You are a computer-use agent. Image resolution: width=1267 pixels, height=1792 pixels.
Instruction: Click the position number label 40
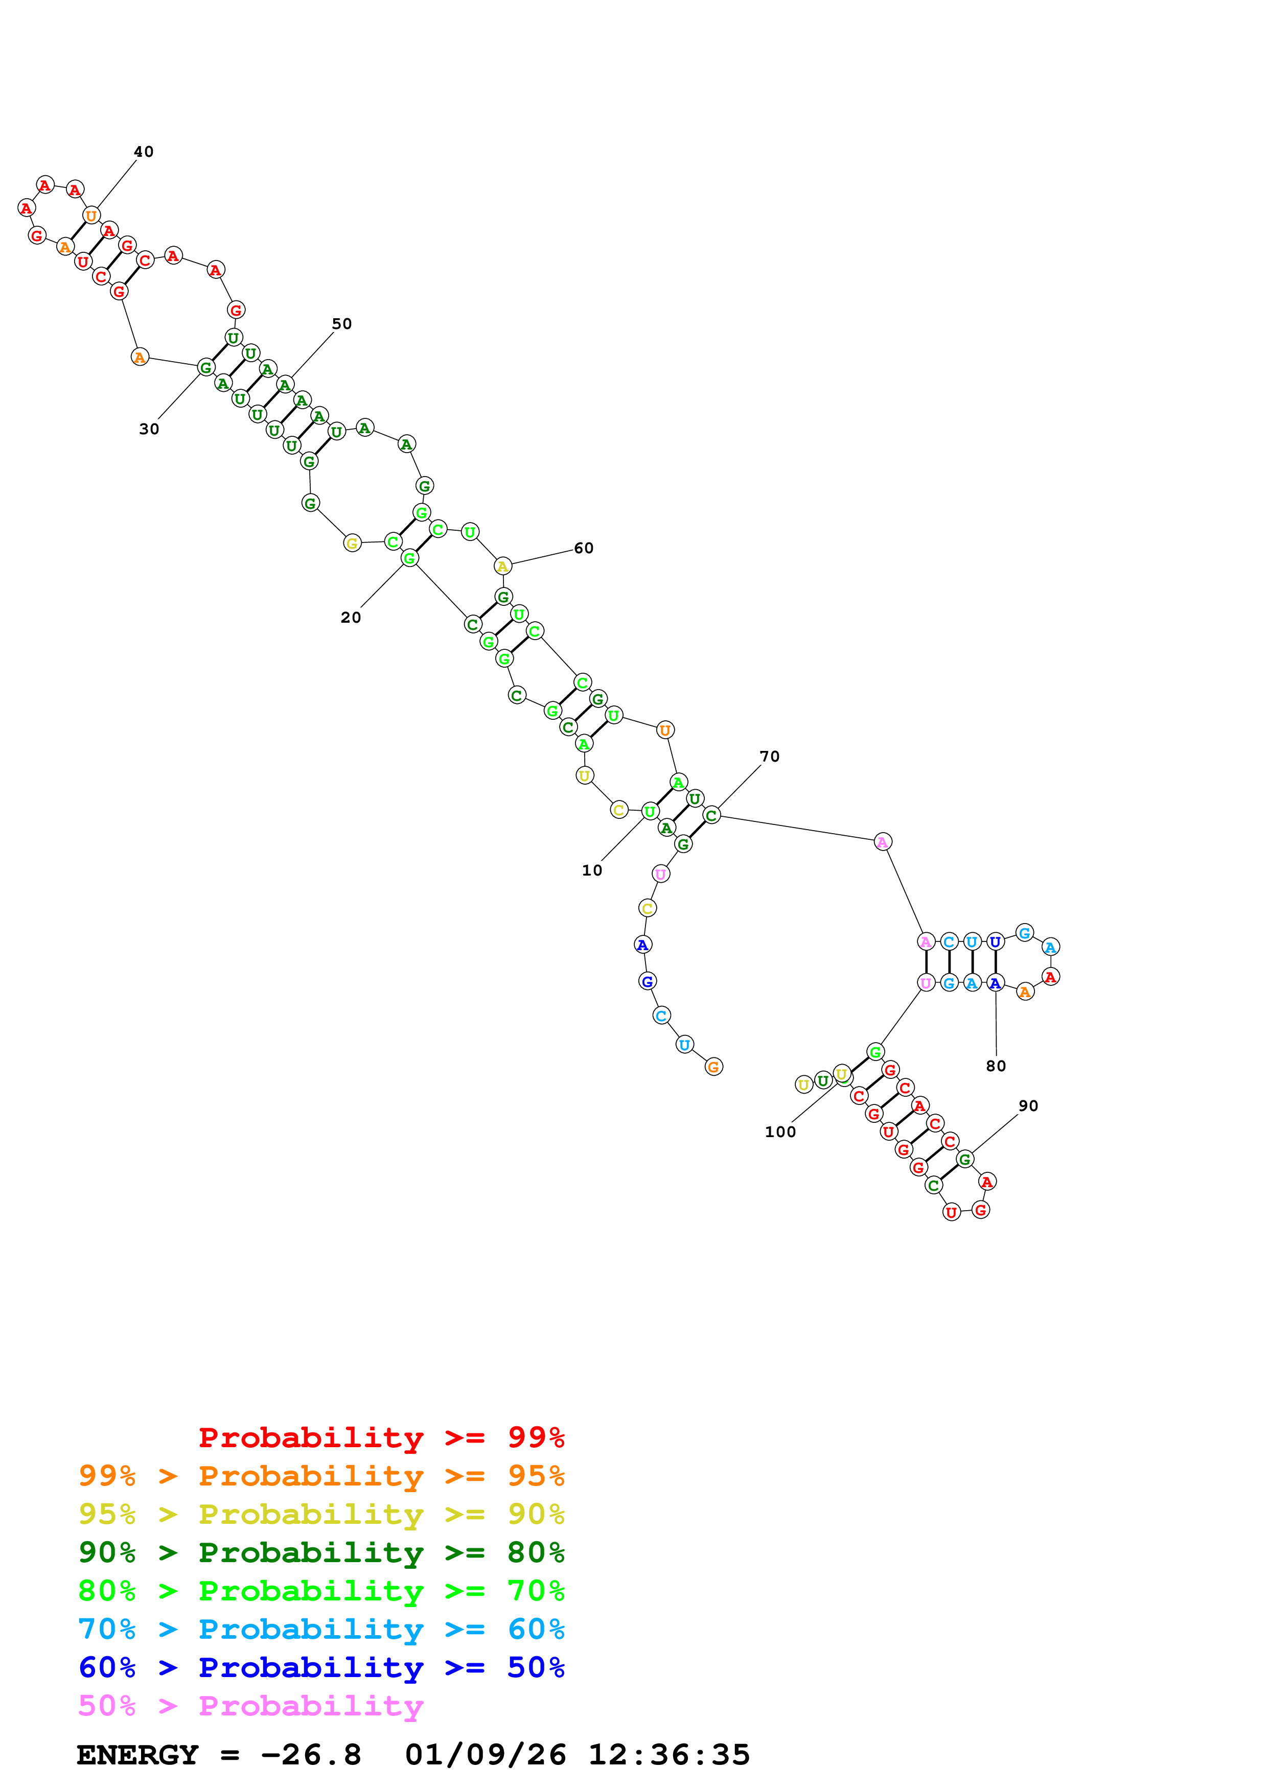click(144, 151)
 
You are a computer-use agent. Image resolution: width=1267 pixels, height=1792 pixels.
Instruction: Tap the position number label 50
click(342, 324)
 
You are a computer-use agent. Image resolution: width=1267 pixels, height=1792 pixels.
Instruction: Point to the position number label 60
click(584, 548)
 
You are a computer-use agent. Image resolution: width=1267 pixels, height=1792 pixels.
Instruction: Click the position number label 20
click(351, 618)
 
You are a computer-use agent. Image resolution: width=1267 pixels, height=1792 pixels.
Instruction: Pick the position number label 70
click(770, 757)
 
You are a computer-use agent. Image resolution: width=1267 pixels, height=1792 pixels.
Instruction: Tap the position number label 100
click(780, 1131)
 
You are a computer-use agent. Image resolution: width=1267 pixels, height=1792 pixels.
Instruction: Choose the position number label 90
click(1029, 1106)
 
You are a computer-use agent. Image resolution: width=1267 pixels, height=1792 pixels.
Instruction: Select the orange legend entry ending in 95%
click(321, 1476)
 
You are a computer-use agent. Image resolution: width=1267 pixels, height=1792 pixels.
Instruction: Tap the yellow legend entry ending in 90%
click(321, 1514)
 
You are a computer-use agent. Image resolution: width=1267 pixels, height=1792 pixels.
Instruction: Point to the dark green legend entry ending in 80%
click(321, 1552)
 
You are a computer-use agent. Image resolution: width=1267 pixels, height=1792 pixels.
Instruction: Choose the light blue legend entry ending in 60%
click(321, 1629)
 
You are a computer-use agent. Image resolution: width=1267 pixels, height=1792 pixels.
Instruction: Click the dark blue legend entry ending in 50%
click(321, 1667)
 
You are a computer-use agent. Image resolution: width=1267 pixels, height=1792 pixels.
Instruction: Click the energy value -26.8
click(311, 1755)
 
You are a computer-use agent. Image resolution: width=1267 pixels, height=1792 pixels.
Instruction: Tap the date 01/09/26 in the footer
click(486, 1755)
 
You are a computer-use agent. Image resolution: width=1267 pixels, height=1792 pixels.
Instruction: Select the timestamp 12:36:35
click(669, 1755)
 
